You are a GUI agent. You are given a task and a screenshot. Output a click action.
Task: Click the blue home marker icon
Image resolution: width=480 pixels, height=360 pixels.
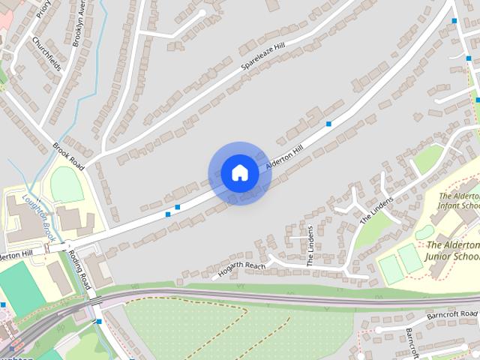click(x=239, y=173)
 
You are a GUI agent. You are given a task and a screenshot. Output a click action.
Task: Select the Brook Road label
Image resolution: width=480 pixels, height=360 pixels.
click(x=68, y=154)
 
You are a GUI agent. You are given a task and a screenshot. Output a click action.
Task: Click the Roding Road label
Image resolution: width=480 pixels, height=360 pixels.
click(x=79, y=270)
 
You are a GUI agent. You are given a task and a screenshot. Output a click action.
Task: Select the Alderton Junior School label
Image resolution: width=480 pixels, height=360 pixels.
click(x=452, y=250)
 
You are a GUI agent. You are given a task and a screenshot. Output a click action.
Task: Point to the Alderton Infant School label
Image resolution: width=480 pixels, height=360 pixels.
click(x=458, y=200)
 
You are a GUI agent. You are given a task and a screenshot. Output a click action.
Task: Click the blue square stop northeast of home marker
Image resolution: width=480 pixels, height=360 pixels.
click(x=328, y=123)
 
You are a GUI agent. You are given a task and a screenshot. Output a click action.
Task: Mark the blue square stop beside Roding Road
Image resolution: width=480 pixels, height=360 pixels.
click(x=99, y=322)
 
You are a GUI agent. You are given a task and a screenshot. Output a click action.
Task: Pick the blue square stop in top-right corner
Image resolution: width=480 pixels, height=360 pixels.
click(x=454, y=21)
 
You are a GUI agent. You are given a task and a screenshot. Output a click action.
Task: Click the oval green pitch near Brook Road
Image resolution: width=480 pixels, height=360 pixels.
click(x=67, y=184)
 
